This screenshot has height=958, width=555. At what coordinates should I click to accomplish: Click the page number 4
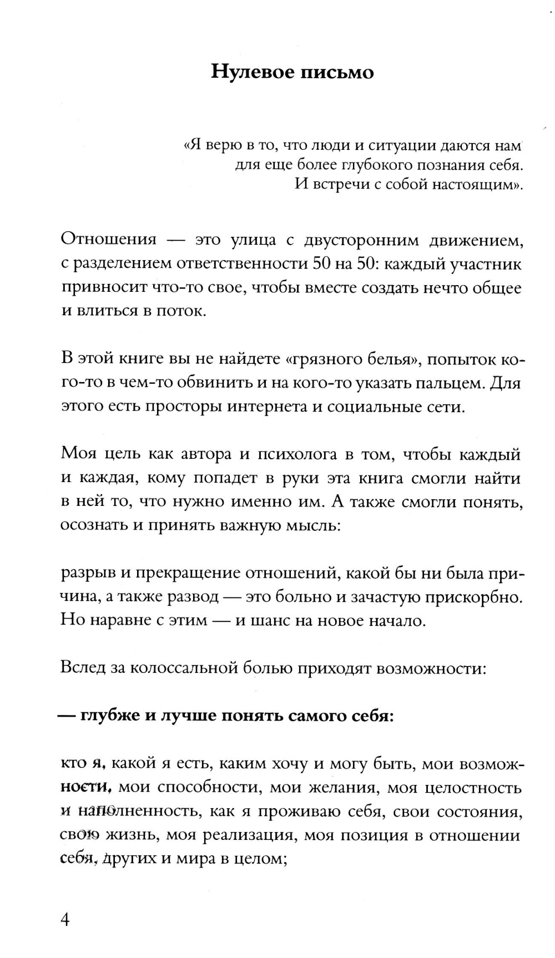coord(65,920)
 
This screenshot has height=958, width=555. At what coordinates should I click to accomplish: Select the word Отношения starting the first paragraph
coord(109,240)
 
